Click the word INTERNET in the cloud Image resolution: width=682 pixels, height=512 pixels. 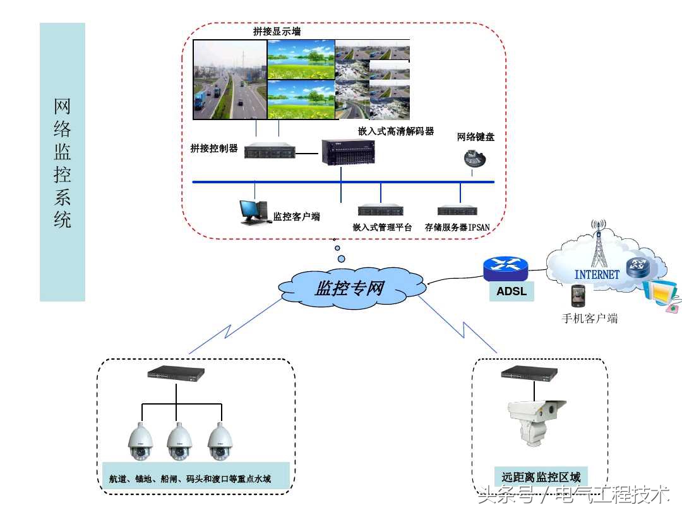click(x=596, y=274)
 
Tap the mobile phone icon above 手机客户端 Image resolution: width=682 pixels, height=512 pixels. click(x=578, y=296)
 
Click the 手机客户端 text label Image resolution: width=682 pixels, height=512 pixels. click(x=589, y=318)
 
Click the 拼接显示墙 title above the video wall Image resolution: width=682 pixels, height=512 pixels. click(x=277, y=32)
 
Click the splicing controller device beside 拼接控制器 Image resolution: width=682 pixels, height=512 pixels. click(x=270, y=152)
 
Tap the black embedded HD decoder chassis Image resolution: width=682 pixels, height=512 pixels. click(x=347, y=152)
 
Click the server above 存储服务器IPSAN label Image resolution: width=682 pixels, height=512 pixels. click(x=457, y=210)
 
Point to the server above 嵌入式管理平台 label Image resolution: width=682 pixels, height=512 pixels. click(x=380, y=210)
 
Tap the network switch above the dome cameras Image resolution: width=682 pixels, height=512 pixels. click(x=176, y=374)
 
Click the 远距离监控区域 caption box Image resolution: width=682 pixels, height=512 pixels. click(x=541, y=477)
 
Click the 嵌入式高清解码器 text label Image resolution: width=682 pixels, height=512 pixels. click(x=396, y=131)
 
